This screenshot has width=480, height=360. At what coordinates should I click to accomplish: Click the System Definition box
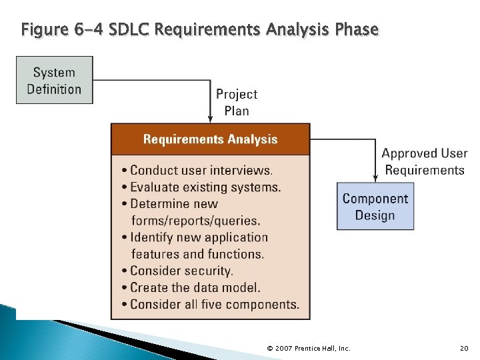tap(54, 80)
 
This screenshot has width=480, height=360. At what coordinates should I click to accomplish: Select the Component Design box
tap(375, 207)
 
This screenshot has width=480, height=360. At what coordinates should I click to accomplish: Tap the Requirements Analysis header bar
tap(210, 139)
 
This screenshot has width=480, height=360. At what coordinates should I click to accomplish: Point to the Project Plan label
tap(237, 103)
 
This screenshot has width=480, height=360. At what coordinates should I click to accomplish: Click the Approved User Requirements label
tap(424, 162)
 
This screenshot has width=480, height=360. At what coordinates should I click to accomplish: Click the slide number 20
tap(464, 348)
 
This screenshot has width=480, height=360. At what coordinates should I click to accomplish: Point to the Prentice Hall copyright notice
tap(308, 348)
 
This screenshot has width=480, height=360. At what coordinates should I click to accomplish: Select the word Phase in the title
tap(357, 30)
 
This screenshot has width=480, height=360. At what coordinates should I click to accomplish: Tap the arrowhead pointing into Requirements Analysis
tap(211, 120)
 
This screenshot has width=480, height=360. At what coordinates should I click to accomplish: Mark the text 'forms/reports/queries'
tap(195, 221)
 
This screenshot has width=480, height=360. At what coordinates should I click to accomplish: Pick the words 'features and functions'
tap(197, 254)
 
